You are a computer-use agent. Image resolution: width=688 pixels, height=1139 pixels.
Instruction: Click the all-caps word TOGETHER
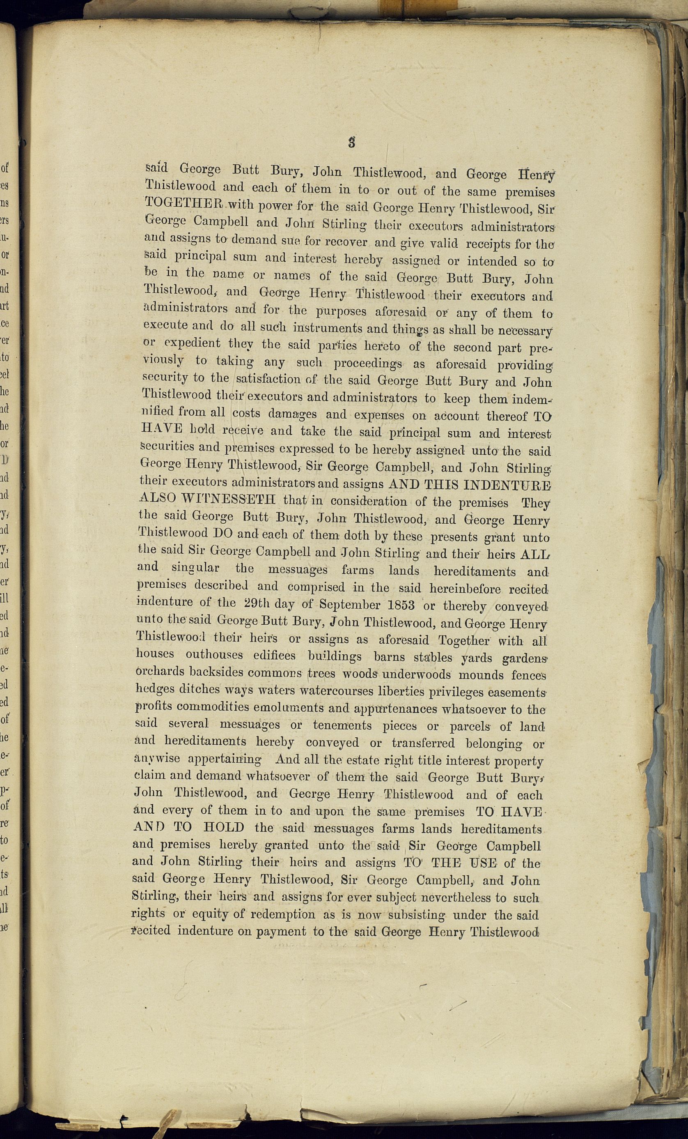coord(184,204)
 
